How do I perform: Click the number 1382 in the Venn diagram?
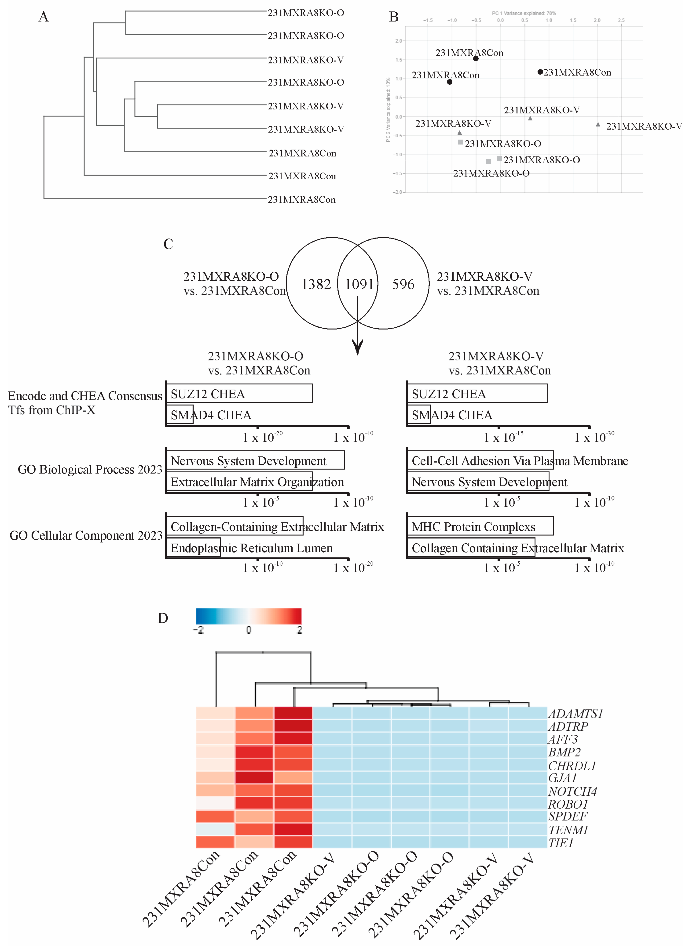(x=316, y=284)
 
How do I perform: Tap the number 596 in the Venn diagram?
(x=403, y=284)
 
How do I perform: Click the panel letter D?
(x=163, y=618)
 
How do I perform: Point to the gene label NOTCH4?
(x=572, y=791)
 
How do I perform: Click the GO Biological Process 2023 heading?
(x=90, y=470)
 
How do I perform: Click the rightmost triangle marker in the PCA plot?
(x=598, y=124)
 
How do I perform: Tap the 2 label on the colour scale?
(x=299, y=630)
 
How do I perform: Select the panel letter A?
(x=44, y=17)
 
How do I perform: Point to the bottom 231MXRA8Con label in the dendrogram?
(x=301, y=200)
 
